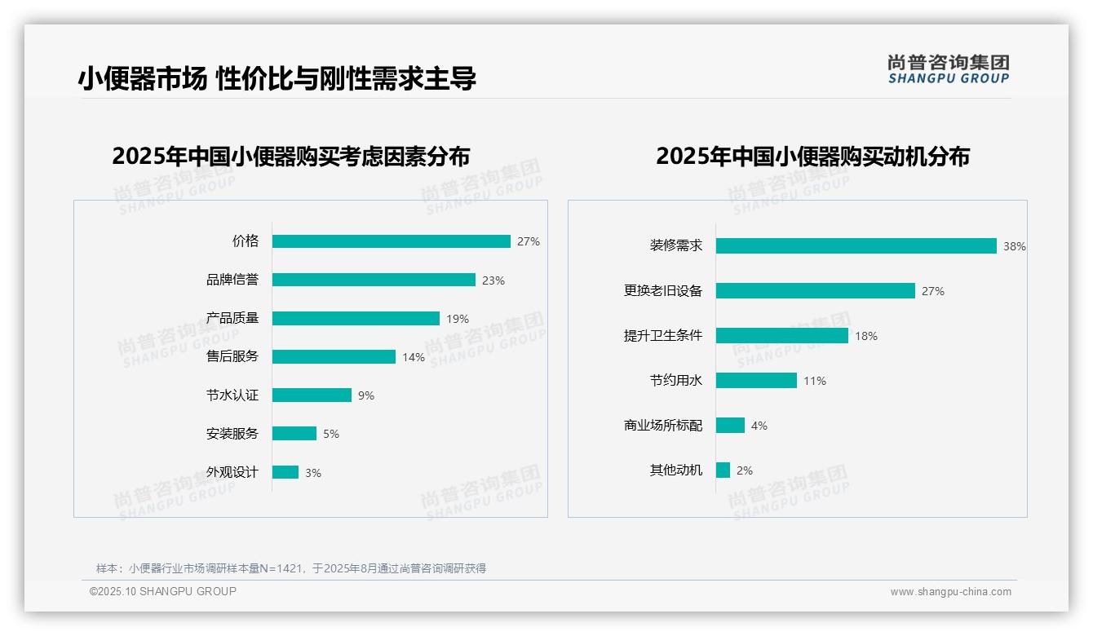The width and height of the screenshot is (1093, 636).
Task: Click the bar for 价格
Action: point(391,241)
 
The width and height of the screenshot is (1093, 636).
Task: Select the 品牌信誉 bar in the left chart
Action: point(374,280)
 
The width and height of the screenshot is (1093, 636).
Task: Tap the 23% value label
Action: point(493,280)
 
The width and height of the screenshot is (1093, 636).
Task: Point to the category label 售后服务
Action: point(232,357)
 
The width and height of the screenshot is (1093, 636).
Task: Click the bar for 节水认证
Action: point(312,395)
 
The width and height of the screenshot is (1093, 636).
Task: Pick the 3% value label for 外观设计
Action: point(312,473)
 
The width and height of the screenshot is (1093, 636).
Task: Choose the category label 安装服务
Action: point(232,434)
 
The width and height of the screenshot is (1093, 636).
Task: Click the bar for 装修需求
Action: point(856,246)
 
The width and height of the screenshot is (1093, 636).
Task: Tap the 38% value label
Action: point(1014,247)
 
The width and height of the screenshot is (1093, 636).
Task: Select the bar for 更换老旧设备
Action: point(815,291)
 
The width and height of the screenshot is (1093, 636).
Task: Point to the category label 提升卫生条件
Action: point(662,336)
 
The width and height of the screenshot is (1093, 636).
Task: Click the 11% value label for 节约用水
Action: point(814,381)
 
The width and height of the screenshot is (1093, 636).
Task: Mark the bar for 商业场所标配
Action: point(730,426)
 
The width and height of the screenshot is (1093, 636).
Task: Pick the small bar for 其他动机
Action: point(723,470)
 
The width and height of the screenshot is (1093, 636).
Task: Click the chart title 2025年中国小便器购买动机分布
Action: point(812,157)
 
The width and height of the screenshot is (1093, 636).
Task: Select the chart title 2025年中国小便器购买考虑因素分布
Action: point(291,157)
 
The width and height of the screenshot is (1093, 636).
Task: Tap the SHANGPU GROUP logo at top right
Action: point(948,69)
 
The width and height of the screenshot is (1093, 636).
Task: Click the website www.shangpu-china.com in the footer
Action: point(950,592)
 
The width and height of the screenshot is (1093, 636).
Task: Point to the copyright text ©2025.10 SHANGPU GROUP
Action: point(163,591)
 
